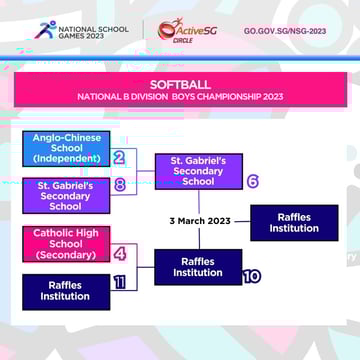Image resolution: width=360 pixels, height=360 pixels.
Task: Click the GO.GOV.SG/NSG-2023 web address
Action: (284, 31)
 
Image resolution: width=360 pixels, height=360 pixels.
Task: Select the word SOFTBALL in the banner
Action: (180, 84)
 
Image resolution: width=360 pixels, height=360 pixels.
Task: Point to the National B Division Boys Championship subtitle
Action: (180, 97)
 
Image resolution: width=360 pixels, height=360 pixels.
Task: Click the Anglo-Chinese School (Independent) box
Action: (65, 148)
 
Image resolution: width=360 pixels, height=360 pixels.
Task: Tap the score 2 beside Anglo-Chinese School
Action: (119, 157)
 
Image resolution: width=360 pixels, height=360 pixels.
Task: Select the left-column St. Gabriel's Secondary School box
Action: (65, 195)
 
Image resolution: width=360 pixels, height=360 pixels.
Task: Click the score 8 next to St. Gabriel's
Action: (119, 185)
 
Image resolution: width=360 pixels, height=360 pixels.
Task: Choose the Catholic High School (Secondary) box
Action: (65, 243)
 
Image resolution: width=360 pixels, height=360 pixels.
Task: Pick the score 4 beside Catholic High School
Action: (119, 253)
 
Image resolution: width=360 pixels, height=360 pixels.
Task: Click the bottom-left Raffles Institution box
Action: (65, 291)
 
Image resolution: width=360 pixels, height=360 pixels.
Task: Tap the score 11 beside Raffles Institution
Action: (119, 282)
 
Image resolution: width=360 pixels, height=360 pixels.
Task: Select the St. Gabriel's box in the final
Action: (198, 171)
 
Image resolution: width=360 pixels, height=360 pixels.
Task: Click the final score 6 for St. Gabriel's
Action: (252, 181)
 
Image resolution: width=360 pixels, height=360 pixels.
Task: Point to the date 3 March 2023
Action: (200, 221)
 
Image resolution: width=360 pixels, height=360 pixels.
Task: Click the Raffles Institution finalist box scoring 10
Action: (198, 267)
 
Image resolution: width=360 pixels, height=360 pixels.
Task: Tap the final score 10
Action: (251, 275)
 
